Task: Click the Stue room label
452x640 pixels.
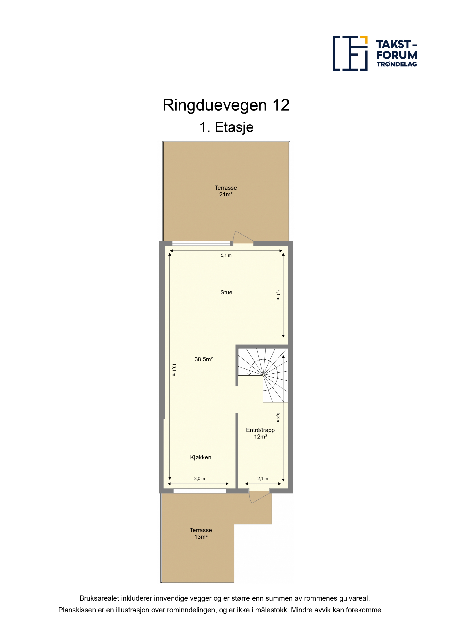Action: (x=226, y=292)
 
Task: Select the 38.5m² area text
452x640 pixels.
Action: (x=204, y=359)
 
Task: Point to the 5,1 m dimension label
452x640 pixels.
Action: (x=226, y=255)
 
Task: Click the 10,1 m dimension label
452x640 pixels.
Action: (x=174, y=370)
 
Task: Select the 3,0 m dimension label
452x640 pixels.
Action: (x=199, y=479)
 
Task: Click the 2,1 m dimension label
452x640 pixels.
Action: (x=263, y=479)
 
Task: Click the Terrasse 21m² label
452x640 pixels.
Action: (x=226, y=191)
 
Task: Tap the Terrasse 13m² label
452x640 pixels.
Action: (x=201, y=533)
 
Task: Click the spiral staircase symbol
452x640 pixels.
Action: (x=263, y=375)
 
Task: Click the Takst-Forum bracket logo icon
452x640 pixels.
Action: (x=350, y=53)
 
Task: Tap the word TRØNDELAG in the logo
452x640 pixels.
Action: (x=397, y=64)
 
